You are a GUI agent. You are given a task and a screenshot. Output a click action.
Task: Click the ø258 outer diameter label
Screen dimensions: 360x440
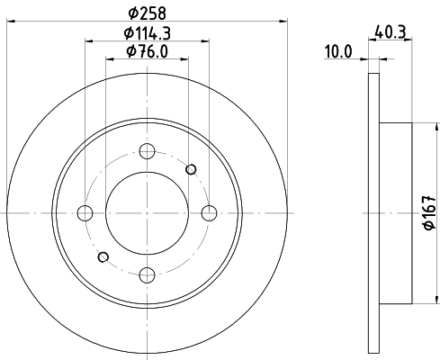148,13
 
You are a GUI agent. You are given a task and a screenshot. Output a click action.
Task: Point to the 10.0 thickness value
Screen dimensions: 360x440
337,52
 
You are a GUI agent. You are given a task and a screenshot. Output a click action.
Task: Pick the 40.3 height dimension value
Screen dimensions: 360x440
388,33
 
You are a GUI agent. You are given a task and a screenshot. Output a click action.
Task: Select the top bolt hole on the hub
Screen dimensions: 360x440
148,151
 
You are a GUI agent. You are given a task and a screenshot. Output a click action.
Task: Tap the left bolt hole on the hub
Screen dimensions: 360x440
85,213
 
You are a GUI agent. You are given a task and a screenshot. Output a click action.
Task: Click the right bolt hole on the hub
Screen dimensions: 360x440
210,213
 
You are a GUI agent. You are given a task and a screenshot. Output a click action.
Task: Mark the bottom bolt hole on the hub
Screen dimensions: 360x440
148,274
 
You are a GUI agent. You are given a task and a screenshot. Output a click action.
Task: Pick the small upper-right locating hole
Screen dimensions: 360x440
191,169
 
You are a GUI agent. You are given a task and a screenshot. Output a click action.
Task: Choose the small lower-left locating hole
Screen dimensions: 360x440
103,256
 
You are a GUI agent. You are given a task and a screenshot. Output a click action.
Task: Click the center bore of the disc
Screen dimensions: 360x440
148,213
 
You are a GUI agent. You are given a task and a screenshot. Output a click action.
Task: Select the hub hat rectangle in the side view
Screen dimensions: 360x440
396,213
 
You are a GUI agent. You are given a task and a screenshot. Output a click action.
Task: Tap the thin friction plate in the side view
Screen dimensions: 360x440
374,213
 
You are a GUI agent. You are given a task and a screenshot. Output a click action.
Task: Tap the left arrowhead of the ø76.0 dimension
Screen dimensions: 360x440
110,59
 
